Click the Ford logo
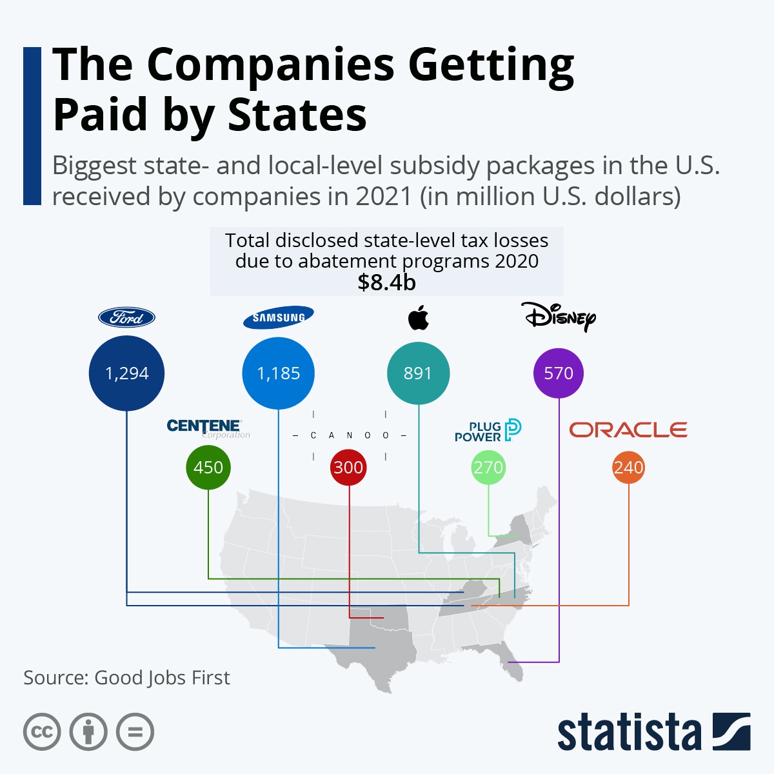126,317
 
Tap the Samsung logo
278,317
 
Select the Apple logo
419,318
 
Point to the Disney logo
559,317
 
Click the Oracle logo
628,430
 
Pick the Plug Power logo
488,430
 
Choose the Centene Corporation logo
207,428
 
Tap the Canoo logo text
349,435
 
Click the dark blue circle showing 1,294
126,373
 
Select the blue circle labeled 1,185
278,373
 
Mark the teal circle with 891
418,373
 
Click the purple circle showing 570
559,373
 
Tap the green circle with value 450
208,467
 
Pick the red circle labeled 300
348,467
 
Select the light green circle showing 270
488,467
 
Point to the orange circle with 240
629,467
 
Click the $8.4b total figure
386,282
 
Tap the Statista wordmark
629,733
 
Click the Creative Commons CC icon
42,732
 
